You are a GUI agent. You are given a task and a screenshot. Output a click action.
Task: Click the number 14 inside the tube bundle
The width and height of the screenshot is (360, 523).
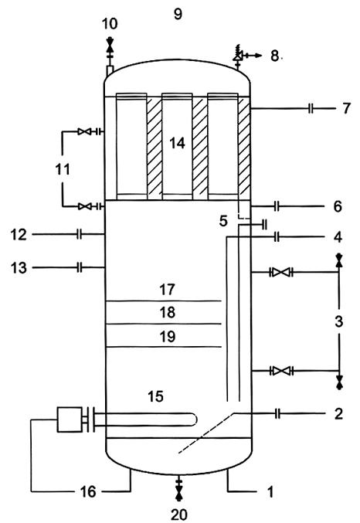tap(177, 143)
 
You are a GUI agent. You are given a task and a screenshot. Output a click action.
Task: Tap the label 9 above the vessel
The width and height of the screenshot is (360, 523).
tap(178, 14)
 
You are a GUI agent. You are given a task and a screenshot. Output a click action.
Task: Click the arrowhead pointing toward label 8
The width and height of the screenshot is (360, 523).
tap(258, 56)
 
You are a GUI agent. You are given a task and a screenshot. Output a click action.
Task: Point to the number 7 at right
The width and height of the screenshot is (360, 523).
tap(347, 108)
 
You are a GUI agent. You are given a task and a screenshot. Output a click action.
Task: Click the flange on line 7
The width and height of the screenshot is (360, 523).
tap(311, 108)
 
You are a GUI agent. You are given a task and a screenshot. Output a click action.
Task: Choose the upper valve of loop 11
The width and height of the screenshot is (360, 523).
tap(83, 132)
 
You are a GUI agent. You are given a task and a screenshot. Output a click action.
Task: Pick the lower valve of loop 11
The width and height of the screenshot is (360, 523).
tap(84, 206)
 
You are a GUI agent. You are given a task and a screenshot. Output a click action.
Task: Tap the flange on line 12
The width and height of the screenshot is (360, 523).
tap(79, 235)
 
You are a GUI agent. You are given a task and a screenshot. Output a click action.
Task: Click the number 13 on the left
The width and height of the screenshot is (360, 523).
tap(19, 268)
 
